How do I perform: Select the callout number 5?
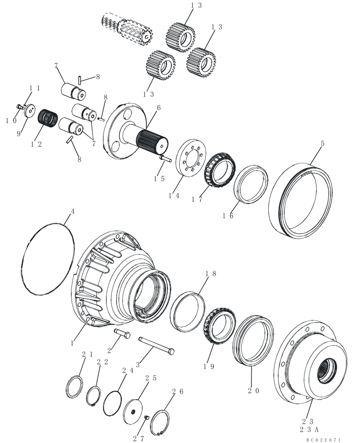(x=323, y=144)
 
